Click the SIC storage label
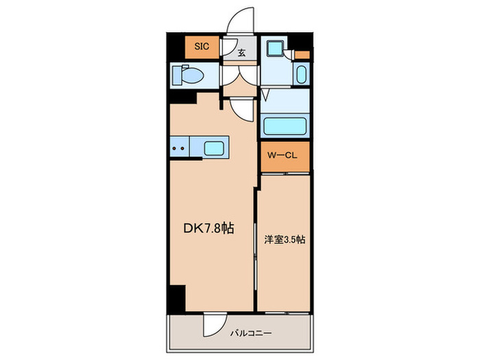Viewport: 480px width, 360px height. [201, 47]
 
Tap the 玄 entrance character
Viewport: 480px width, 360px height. [242, 51]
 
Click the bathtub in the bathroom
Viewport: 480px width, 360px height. [284, 126]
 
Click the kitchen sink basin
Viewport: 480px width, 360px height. [214, 148]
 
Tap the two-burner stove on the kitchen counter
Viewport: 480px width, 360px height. [179, 148]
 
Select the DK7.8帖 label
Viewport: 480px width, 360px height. [208, 228]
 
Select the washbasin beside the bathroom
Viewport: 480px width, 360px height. [300, 74]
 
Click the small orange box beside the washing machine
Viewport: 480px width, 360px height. [302, 54]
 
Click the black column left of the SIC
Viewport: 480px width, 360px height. [176, 47]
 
